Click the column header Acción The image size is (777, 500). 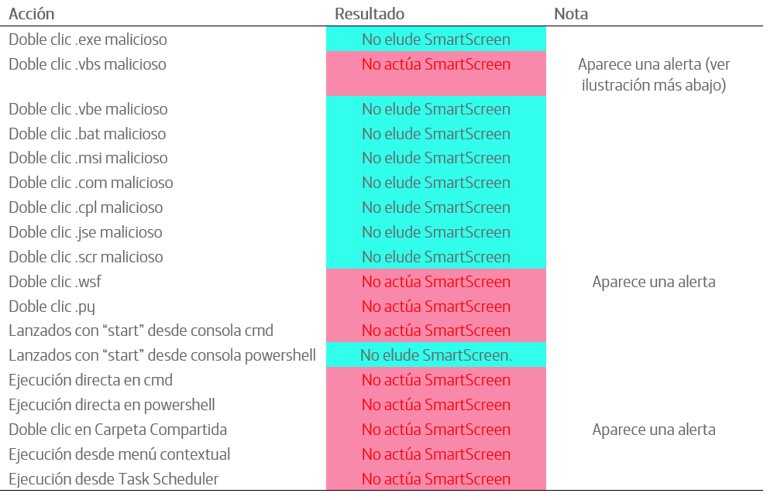click(x=31, y=14)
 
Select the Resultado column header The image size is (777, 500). click(x=370, y=14)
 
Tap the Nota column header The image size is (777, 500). click(x=571, y=14)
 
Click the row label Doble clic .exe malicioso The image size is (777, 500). click(x=88, y=39)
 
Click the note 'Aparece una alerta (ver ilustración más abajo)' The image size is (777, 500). click(x=654, y=75)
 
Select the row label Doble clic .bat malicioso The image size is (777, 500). click(x=88, y=134)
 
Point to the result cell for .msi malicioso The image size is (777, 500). click(x=436, y=158)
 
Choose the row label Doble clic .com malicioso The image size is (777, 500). click(x=91, y=183)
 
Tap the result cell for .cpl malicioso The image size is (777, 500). click(x=436, y=207)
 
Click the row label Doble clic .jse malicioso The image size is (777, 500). click(x=85, y=233)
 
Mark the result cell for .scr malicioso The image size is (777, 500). click(x=436, y=257)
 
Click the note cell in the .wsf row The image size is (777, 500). click(x=654, y=282)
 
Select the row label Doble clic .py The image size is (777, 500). click(x=52, y=307)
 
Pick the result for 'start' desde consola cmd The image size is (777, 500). click(x=436, y=330)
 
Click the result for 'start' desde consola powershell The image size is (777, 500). click(x=436, y=355)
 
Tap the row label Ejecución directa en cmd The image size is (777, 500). click(x=91, y=380)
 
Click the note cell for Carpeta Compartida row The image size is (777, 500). click(x=654, y=430)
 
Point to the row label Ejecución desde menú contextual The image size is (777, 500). click(x=119, y=454)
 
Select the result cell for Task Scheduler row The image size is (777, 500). click(x=436, y=478)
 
